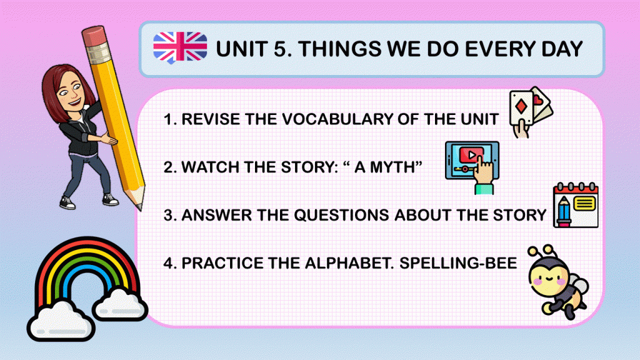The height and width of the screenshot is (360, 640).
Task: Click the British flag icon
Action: (x=180, y=47)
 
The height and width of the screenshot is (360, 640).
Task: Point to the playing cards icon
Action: (x=531, y=112)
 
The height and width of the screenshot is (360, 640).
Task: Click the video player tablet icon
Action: (x=472, y=166)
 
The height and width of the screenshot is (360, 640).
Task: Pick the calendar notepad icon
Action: (x=576, y=205)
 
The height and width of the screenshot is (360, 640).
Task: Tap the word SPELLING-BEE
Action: (x=458, y=263)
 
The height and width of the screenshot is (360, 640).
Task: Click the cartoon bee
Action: (x=557, y=282)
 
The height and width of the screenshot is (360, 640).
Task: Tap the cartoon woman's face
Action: (x=69, y=92)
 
